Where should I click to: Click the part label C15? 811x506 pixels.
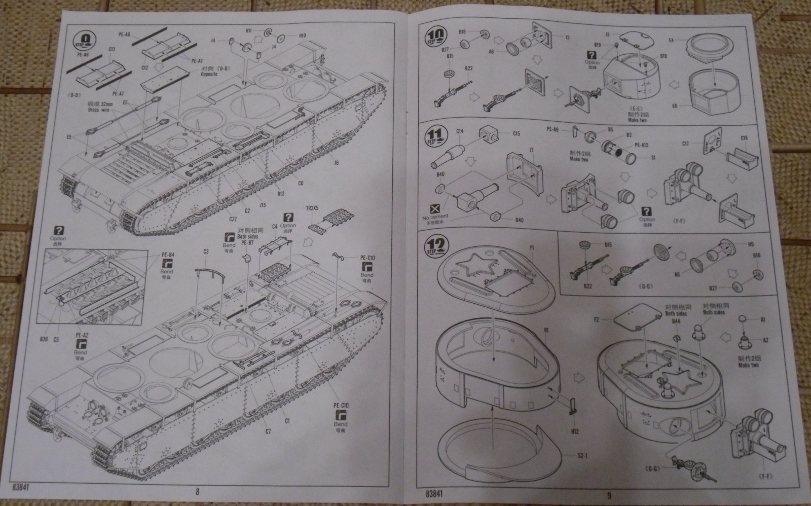click(x=516, y=134)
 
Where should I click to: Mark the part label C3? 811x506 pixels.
click(x=206, y=251)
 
